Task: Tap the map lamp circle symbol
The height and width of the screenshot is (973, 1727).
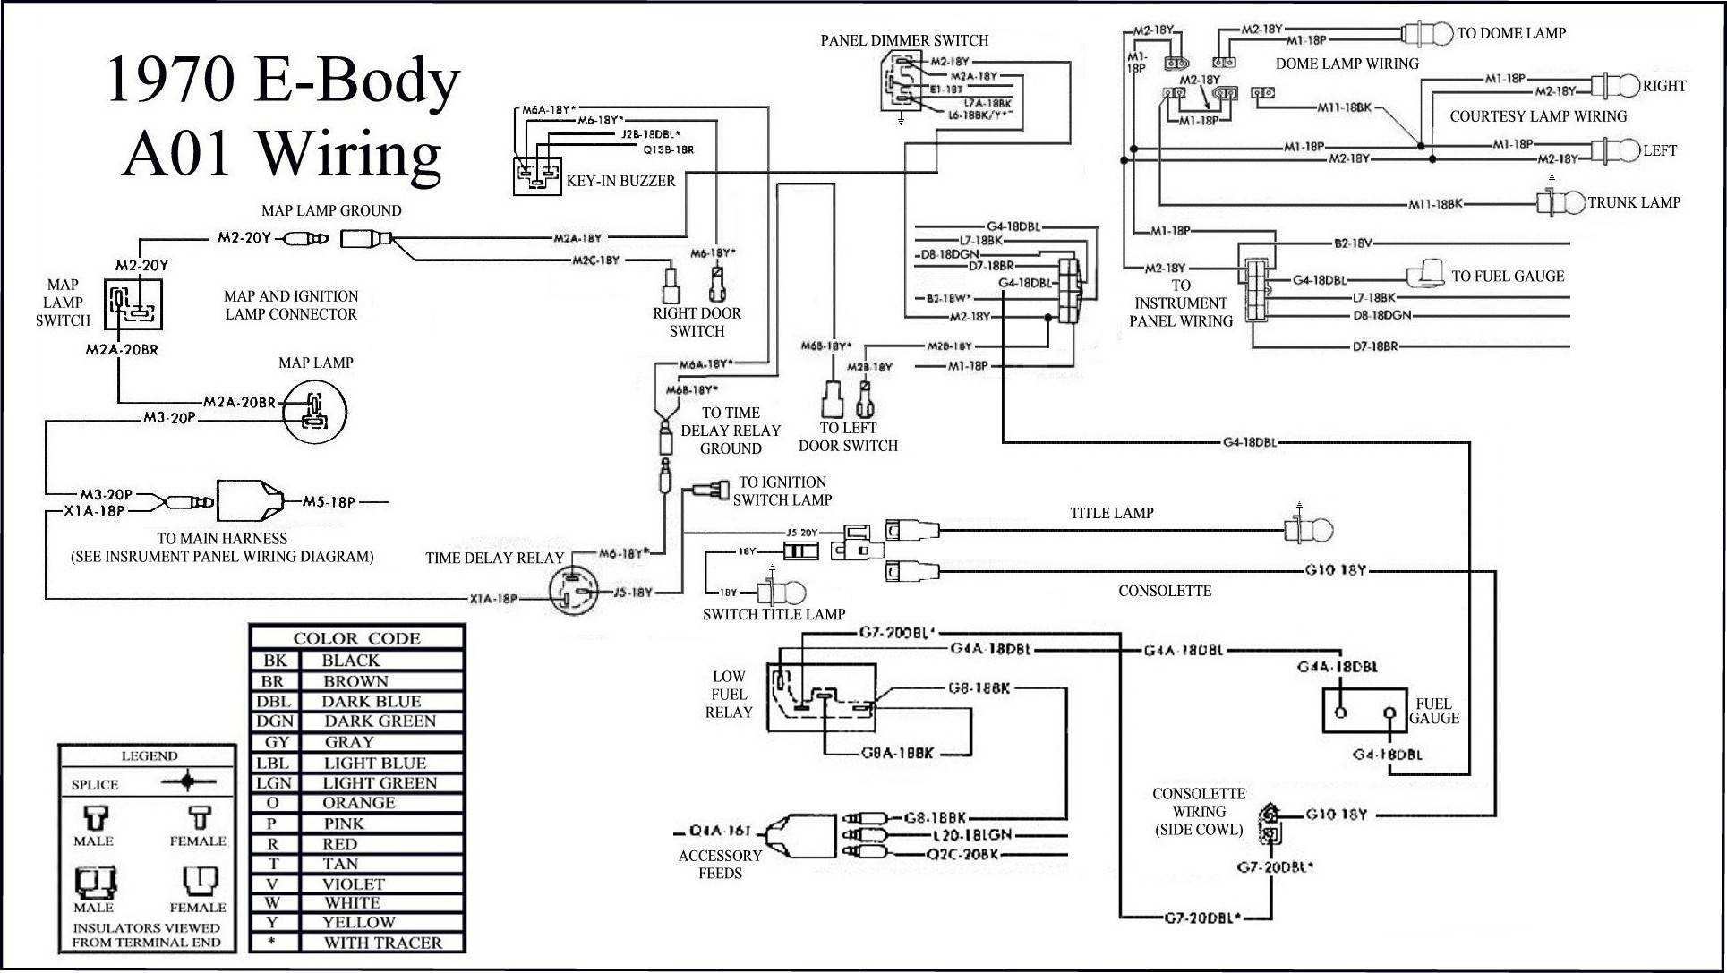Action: [314, 411]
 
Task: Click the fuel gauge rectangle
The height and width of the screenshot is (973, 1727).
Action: [1365, 711]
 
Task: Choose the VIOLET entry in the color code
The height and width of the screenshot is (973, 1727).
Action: [354, 883]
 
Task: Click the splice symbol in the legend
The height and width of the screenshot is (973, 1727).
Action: [187, 781]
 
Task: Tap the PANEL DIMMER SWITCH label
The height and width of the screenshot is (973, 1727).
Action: [904, 40]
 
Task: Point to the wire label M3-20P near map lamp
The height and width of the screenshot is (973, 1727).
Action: [169, 417]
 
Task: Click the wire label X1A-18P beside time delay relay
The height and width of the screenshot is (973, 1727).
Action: [493, 599]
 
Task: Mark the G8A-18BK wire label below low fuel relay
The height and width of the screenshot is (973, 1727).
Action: [897, 753]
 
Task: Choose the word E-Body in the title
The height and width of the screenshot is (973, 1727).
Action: [357, 81]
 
